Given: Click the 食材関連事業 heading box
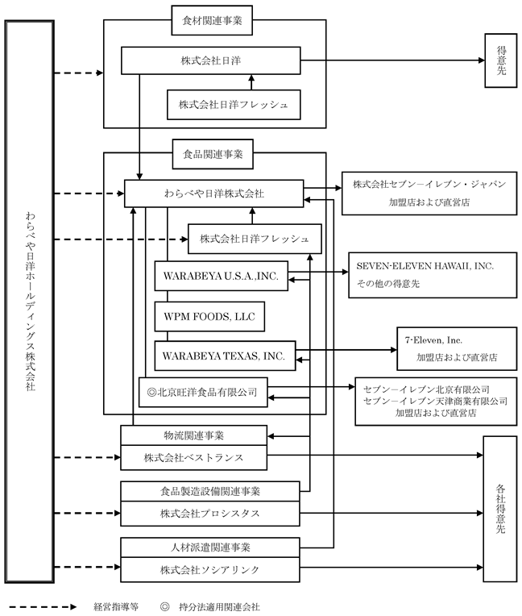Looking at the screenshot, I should (213, 22).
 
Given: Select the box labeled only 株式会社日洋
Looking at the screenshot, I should (210, 60).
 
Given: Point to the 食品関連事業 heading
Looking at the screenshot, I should (213, 151).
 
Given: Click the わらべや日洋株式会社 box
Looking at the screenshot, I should (213, 194).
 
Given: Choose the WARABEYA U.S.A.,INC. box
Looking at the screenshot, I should (221, 276).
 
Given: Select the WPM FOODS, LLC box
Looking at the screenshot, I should (209, 316).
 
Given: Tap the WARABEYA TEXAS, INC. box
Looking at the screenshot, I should (225, 355).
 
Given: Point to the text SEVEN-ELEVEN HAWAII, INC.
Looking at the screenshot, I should (425, 265).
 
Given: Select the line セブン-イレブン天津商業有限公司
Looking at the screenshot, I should (435, 400).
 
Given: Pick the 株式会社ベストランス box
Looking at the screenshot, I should (193, 458).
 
